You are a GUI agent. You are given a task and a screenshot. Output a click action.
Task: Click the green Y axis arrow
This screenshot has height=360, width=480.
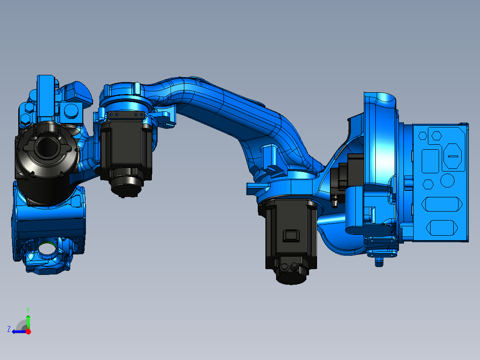[x=28, y=320]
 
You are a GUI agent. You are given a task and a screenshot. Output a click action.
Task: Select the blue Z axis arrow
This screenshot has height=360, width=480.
[x=18, y=331]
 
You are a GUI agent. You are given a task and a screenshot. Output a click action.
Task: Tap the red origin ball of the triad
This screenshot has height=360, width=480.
[x=28, y=331]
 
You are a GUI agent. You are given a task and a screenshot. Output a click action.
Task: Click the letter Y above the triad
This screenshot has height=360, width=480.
[x=28, y=309]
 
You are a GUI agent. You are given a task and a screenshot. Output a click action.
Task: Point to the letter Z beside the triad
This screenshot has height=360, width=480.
[x=9, y=329]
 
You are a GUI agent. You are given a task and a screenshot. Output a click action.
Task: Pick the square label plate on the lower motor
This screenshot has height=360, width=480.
[x=291, y=235]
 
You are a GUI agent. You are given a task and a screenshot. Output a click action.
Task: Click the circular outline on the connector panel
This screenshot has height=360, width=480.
[x=447, y=180]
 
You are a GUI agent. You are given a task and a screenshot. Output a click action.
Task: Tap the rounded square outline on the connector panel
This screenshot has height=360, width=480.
[x=430, y=160]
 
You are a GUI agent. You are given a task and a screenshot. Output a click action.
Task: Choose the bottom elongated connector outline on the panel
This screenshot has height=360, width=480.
[x=443, y=228]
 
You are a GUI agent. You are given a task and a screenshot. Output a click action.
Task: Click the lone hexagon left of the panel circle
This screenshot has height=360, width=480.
[x=428, y=184]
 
